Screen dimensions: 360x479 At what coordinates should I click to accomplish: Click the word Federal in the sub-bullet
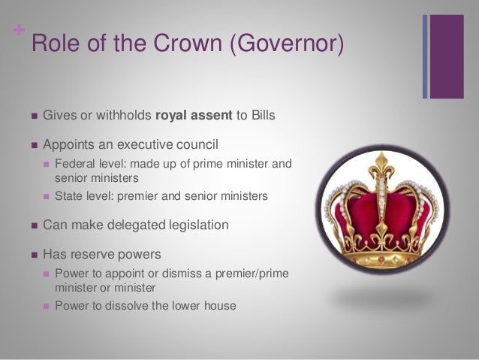(74, 165)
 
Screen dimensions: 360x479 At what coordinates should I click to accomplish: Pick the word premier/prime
(246, 272)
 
